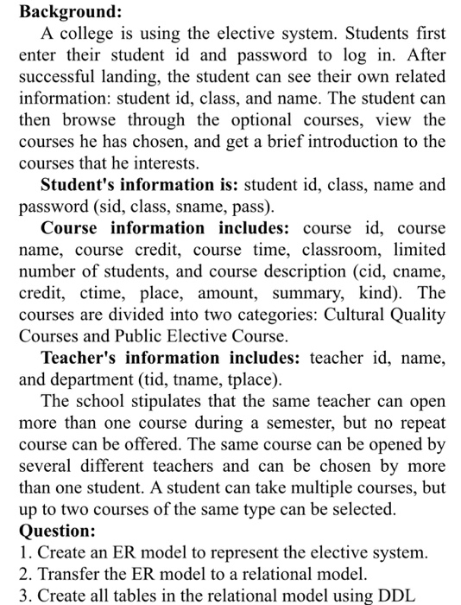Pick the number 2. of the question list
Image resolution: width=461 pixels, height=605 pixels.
(24, 571)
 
